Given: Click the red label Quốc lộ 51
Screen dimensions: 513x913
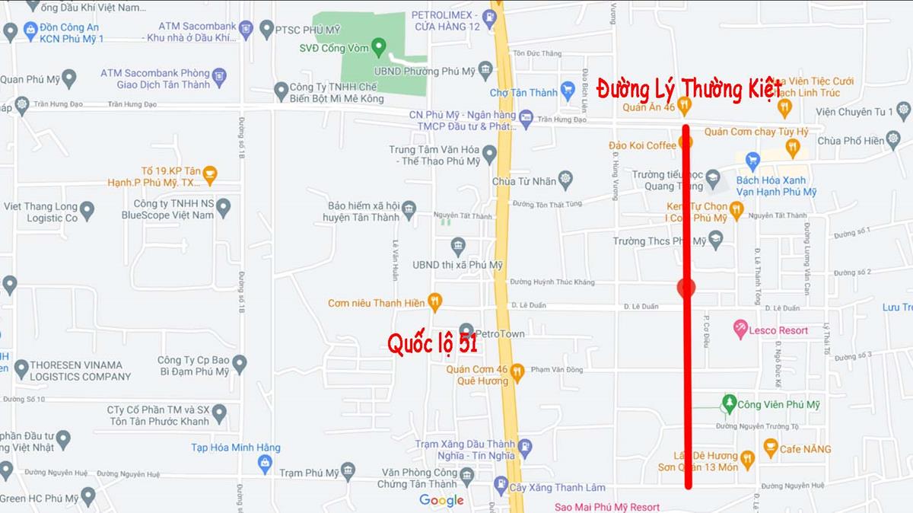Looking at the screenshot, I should (x=432, y=344).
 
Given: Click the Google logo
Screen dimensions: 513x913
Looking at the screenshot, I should (x=441, y=500).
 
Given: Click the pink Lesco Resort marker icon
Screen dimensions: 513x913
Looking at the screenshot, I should (x=740, y=330).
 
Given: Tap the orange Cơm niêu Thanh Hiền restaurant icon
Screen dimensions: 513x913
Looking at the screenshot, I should (x=434, y=302).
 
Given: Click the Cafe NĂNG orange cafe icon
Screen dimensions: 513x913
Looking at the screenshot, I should (x=770, y=448).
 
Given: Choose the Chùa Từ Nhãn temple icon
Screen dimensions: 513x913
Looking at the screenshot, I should (x=565, y=180).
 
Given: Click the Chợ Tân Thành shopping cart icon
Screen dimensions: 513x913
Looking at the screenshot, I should (x=567, y=91).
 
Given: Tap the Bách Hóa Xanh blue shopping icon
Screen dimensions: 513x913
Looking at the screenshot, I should (x=752, y=161).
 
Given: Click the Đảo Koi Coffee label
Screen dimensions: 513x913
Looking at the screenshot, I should (x=641, y=145).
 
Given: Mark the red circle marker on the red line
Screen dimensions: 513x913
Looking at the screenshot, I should (x=686, y=288).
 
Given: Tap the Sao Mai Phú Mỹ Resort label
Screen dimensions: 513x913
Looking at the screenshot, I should (x=606, y=506).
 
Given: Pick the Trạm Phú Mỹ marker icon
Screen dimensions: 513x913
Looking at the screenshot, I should (x=348, y=472).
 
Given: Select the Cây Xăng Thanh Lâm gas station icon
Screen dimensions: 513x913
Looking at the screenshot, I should (x=501, y=485).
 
